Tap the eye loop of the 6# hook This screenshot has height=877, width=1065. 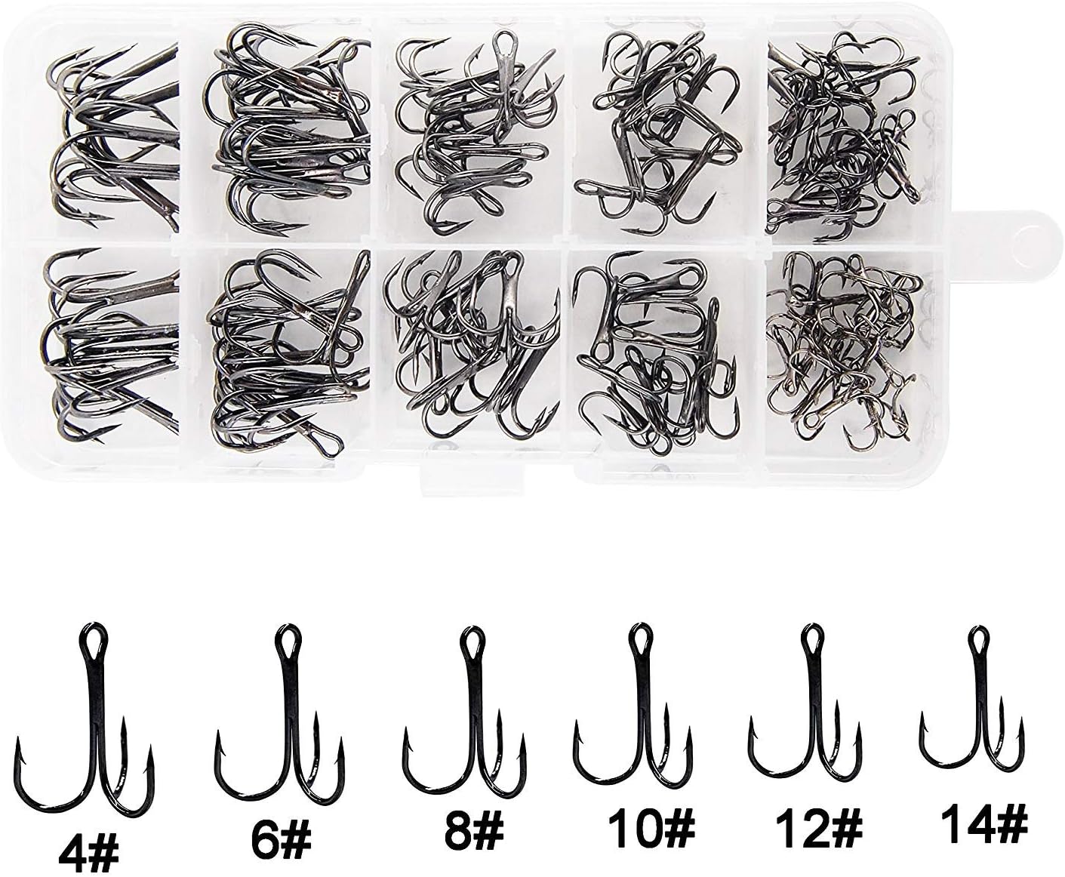[x=286, y=641]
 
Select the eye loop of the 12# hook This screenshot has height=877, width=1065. [x=811, y=640]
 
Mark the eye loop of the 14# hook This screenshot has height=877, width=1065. [x=979, y=641]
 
